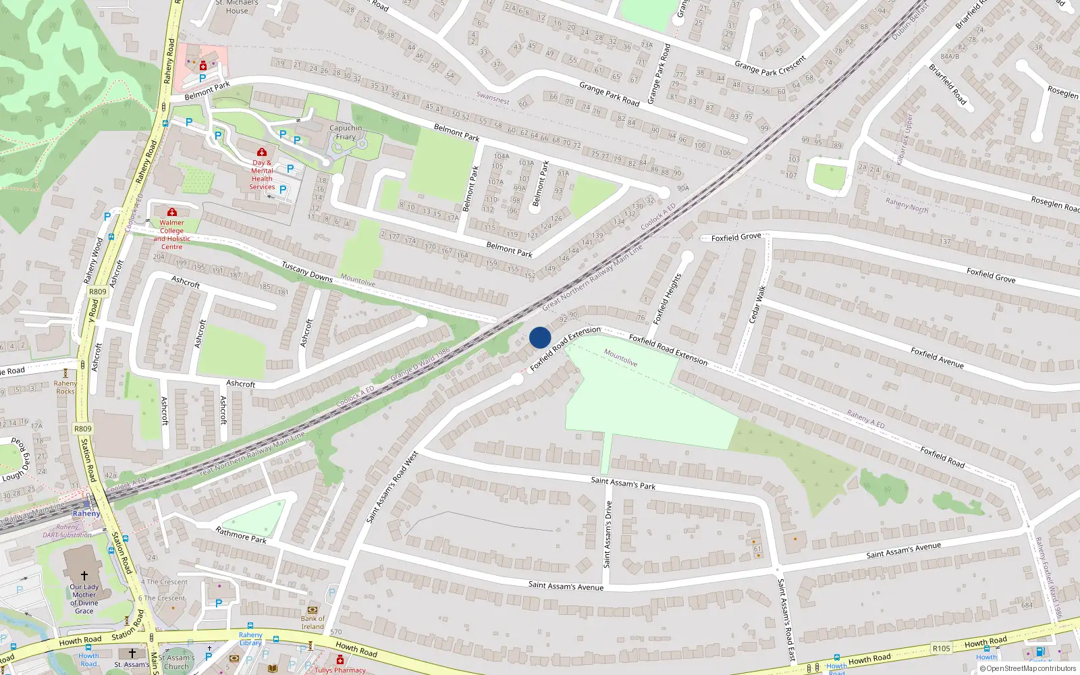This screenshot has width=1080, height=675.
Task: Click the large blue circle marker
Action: [x=540, y=337]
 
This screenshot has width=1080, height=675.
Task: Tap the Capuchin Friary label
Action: [x=346, y=132]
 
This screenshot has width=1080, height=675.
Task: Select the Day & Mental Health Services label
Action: [x=262, y=175]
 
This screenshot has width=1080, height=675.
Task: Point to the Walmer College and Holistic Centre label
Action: [x=171, y=234]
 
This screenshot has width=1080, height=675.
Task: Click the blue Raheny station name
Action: [x=86, y=514]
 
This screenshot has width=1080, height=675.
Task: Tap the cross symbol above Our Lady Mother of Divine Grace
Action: [x=84, y=576]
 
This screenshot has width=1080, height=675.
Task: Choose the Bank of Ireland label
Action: [x=313, y=622]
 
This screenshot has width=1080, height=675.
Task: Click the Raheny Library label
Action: [x=250, y=639]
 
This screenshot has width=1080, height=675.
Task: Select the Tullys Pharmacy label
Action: [x=340, y=670]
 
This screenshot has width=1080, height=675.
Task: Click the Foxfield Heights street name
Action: [x=668, y=298]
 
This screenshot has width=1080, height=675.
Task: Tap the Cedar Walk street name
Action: [x=758, y=304]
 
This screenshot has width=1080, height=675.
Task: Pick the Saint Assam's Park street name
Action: [x=623, y=483]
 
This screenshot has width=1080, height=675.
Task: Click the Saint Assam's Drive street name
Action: [x=607, y=534]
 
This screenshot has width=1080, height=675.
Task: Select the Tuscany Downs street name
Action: [x=307, y=271]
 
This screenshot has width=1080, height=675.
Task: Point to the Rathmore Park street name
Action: [x=241, y=535]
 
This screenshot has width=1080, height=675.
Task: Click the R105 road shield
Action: [x=941, y=649]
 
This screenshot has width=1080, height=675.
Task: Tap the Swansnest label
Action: [x=493, y=99]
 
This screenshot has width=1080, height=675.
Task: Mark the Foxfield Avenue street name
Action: [x=937, y=357]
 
